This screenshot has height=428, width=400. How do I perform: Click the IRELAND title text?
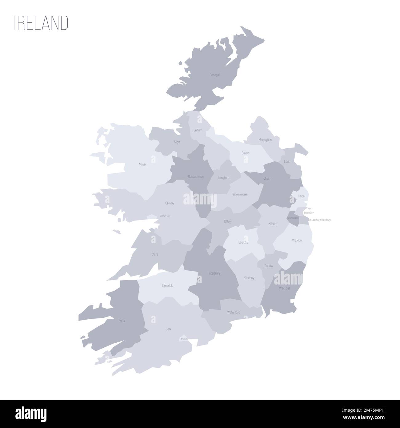[41, 23]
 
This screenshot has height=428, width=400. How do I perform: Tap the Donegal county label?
[214, 75]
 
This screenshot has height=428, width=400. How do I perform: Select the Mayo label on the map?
[142, 164]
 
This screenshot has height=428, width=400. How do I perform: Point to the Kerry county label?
[122, 320]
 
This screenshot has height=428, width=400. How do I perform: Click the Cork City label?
[183, 339]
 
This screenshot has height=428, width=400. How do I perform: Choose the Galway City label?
[165, 216]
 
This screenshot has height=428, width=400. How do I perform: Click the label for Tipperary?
[214, 273]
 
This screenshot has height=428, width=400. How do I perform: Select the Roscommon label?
[196, 177]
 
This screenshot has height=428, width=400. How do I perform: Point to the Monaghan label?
[265, 140]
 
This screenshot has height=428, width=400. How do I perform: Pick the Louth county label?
[288, 161]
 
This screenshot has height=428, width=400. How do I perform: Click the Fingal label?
[302, 196]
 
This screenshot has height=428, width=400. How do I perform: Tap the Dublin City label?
[309, 213]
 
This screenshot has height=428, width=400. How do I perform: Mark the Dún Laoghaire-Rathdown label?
[319, 220]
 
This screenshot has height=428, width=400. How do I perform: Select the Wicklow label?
[297, 240]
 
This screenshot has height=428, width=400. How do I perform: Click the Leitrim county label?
[198, 130]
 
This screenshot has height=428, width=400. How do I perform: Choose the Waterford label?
[234, 312]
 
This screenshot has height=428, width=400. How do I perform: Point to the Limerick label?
[167, 285]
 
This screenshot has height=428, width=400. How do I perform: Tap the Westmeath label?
[240, 195]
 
